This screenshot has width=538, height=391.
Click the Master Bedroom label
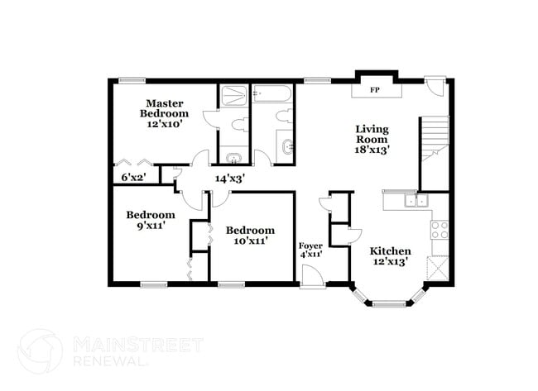(163, 108)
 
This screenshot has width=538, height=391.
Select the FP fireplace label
(374, 89)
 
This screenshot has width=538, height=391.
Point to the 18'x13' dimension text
(372, 150)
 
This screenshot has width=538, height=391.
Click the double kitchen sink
(415, 200)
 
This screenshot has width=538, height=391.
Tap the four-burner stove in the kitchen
(440, 230)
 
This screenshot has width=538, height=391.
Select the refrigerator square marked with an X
(437, 269)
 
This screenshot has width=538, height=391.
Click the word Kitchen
(390, 251)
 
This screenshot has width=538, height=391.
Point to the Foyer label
(310, 246)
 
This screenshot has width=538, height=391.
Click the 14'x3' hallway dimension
(229, 178)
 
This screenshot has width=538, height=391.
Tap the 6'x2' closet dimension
(133, 177)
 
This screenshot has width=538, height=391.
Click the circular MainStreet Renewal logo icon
(40, 350)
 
